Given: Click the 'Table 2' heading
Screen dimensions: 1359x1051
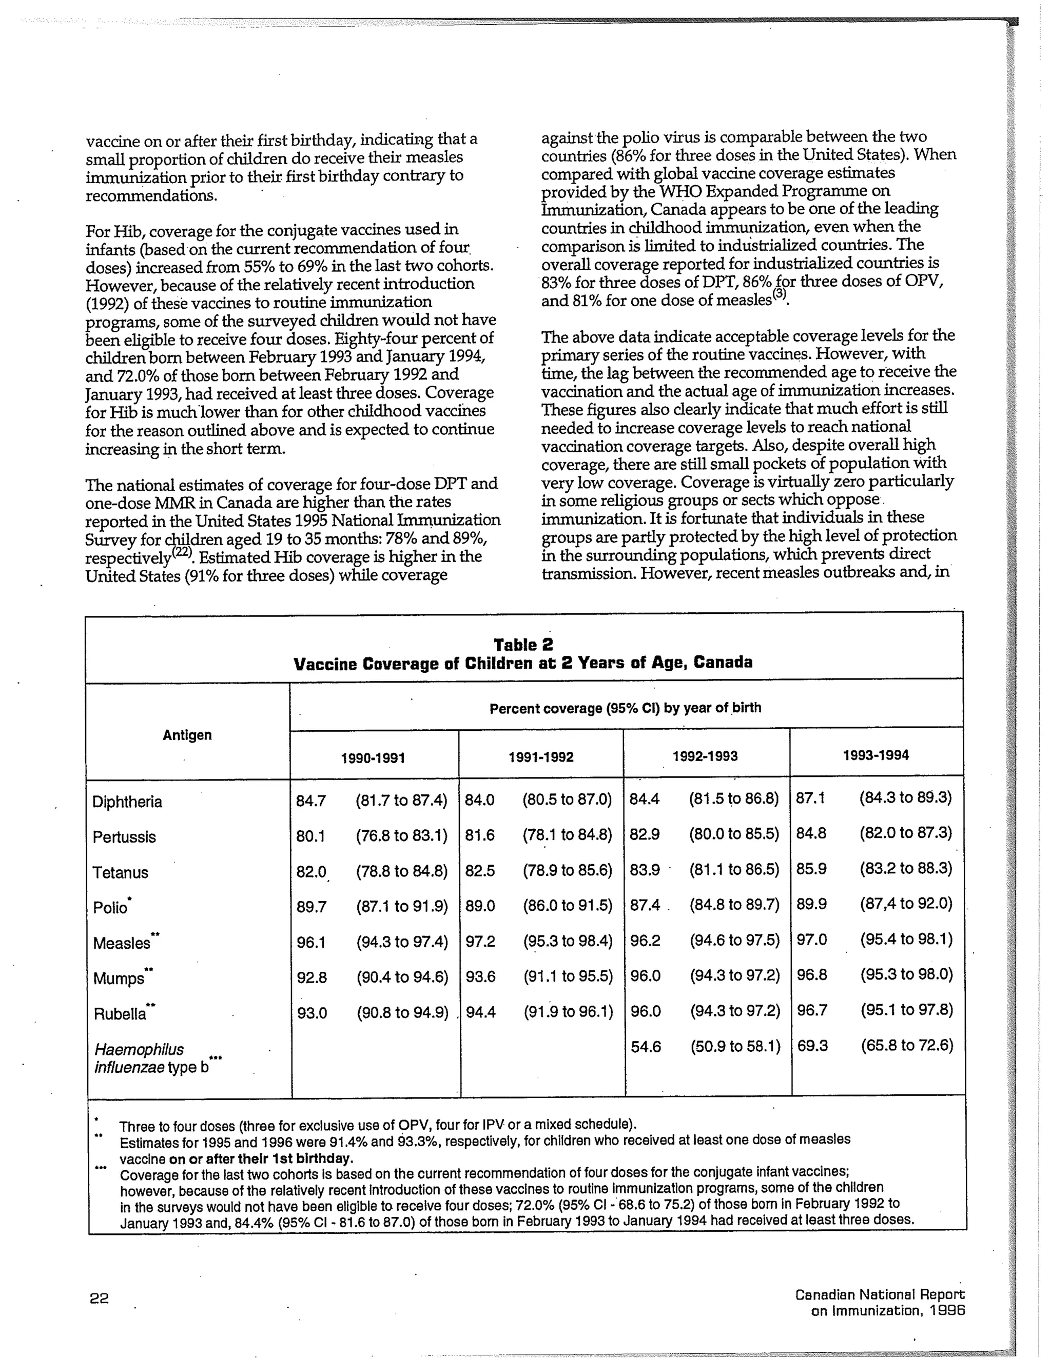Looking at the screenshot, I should tap(523, 645).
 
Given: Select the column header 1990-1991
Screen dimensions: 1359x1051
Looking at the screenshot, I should tap(373, 758).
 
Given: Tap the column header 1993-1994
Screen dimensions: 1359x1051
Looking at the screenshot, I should tap(875, 755).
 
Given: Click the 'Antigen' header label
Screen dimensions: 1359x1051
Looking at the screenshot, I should tap(187, 735).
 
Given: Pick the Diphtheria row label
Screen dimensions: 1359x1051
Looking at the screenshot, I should tap(127, 802).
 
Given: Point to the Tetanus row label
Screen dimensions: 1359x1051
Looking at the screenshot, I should tap(121, 872).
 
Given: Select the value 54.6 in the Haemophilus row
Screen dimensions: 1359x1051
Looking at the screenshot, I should tap(645, 1047).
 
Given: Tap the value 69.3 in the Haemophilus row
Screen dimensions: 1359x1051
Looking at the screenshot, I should tap(812, 1046).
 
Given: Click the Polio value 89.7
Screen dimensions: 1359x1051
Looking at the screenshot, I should tap(312, 907).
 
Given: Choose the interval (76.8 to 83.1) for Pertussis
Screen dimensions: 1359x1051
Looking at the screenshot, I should tap(402, 836).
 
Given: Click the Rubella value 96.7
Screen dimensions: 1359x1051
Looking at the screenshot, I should tap(812, 1011).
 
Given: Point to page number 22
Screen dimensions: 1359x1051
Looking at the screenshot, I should tap(99, 1298).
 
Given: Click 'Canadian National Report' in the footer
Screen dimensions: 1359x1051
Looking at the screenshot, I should tap(879, 1295).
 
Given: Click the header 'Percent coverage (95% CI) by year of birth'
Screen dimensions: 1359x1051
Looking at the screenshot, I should tap(625, 708).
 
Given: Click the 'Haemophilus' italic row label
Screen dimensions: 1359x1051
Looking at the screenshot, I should tap(140, 1050).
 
